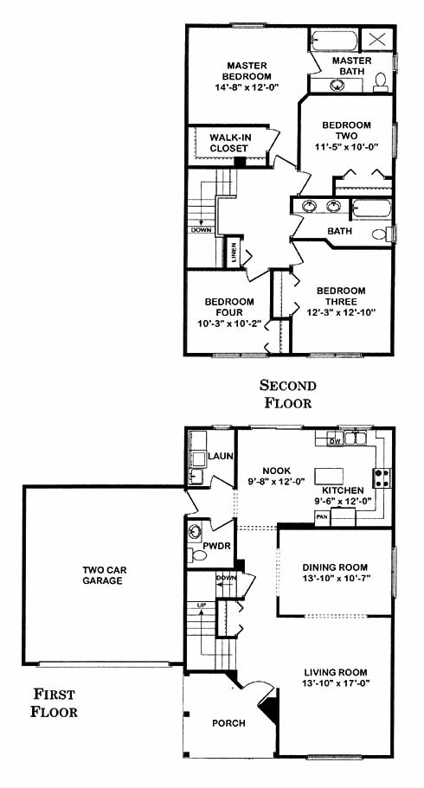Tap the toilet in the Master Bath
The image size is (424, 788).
[x=381, y=82]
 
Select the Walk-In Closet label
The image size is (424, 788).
[x=228, y=143]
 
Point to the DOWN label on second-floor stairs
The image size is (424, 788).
[x=202, y=230]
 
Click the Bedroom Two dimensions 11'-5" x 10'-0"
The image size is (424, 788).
[x=346, y=147]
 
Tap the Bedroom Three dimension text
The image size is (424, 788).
[x=342, y=312]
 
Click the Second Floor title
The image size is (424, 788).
[x=288, y=394]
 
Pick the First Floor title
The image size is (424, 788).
[x=54, y=702]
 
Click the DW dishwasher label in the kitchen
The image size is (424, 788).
[x=334, y=441]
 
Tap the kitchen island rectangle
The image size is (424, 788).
[x=329, y=476]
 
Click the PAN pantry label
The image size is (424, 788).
[x=321, y=516]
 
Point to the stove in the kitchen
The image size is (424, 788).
[x=382, y=478]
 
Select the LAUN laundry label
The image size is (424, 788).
[x=221, y=457]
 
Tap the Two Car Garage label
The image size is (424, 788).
[x=105, y=575]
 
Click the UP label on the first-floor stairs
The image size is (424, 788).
[x=202, y=605]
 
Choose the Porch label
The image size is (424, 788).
[x=228, y=723]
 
